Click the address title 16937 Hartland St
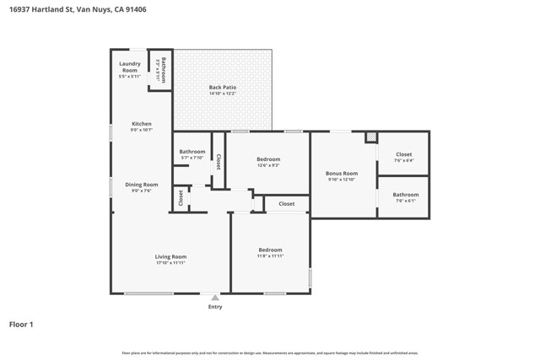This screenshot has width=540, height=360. pos(73,10)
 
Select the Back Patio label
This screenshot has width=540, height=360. pos(222,87)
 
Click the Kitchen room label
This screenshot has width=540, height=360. pos(141,124)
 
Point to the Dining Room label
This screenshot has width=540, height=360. pos(141,185)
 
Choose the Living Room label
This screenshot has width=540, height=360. pos(170,256)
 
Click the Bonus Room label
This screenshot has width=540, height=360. pos(343,173)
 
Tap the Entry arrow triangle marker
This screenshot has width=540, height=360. pos(215,298)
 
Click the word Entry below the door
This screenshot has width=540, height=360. pos(215,307)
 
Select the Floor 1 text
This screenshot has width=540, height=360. pos(21,324)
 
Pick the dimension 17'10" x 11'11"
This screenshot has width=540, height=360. pos(170,263)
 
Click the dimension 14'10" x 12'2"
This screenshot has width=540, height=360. pos(222,93)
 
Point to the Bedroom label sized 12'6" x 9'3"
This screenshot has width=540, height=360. pos(268,159)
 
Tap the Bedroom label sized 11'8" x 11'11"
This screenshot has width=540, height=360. pos(270,250)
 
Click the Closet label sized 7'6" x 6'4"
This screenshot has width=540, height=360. pos(403,155)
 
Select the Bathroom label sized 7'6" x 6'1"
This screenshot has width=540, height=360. pos(405,195)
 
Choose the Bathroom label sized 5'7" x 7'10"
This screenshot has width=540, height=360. pos(192,152)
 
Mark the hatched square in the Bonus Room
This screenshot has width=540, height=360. pos(370,137)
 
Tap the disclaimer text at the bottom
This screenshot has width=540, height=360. pos(270,353)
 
